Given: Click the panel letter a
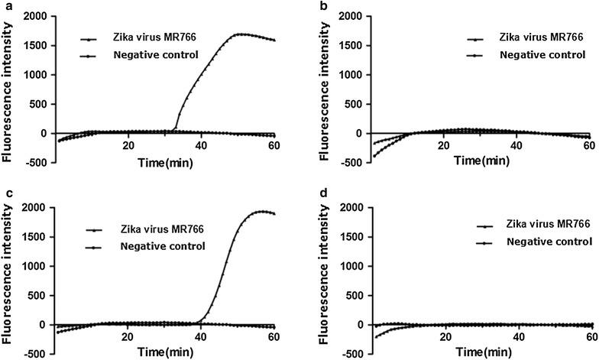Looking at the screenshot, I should (5, 5).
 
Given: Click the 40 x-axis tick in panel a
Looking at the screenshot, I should (201, 146).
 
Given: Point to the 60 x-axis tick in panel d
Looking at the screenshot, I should (591, 337).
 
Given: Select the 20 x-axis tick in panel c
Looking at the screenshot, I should (128, 337).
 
